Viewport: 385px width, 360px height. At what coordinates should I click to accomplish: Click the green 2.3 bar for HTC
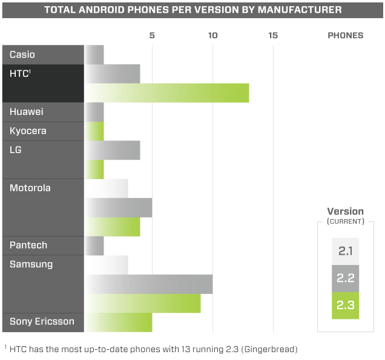tap(166, 93)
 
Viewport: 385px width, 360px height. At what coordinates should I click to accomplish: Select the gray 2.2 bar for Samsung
tap(148, 284)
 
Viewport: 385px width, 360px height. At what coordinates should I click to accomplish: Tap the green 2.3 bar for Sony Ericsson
tap(118, 322)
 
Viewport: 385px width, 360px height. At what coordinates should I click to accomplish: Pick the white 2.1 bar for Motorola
tap(106, 188)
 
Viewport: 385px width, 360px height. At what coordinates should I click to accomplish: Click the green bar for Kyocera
tap(94, 131)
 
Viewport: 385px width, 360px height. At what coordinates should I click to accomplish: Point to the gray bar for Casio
tap(94, 54)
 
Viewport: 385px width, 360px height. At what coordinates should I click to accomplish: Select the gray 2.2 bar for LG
tap(112, 150)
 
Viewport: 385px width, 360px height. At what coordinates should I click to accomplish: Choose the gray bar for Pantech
tap(94, 246)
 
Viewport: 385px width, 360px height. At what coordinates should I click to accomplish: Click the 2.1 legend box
tap(345, 251)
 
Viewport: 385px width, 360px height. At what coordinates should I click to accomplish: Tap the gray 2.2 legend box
tap(345, 278)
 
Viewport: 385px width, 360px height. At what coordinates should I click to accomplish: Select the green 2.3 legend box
tap(345, 305)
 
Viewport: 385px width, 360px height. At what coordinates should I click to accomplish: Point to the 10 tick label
tap(212, 35)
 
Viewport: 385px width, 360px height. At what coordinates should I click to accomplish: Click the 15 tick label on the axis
tap(273, 35)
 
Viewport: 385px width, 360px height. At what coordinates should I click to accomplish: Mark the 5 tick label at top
tap(152, 35)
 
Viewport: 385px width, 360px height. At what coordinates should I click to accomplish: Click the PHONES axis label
tap(345, 35)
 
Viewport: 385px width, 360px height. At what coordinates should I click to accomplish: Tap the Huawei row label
tap(27, 112)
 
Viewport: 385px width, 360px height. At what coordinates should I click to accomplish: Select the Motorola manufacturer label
tap(30, 188)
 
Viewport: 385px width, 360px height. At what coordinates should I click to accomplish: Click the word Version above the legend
tap(345, 212)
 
